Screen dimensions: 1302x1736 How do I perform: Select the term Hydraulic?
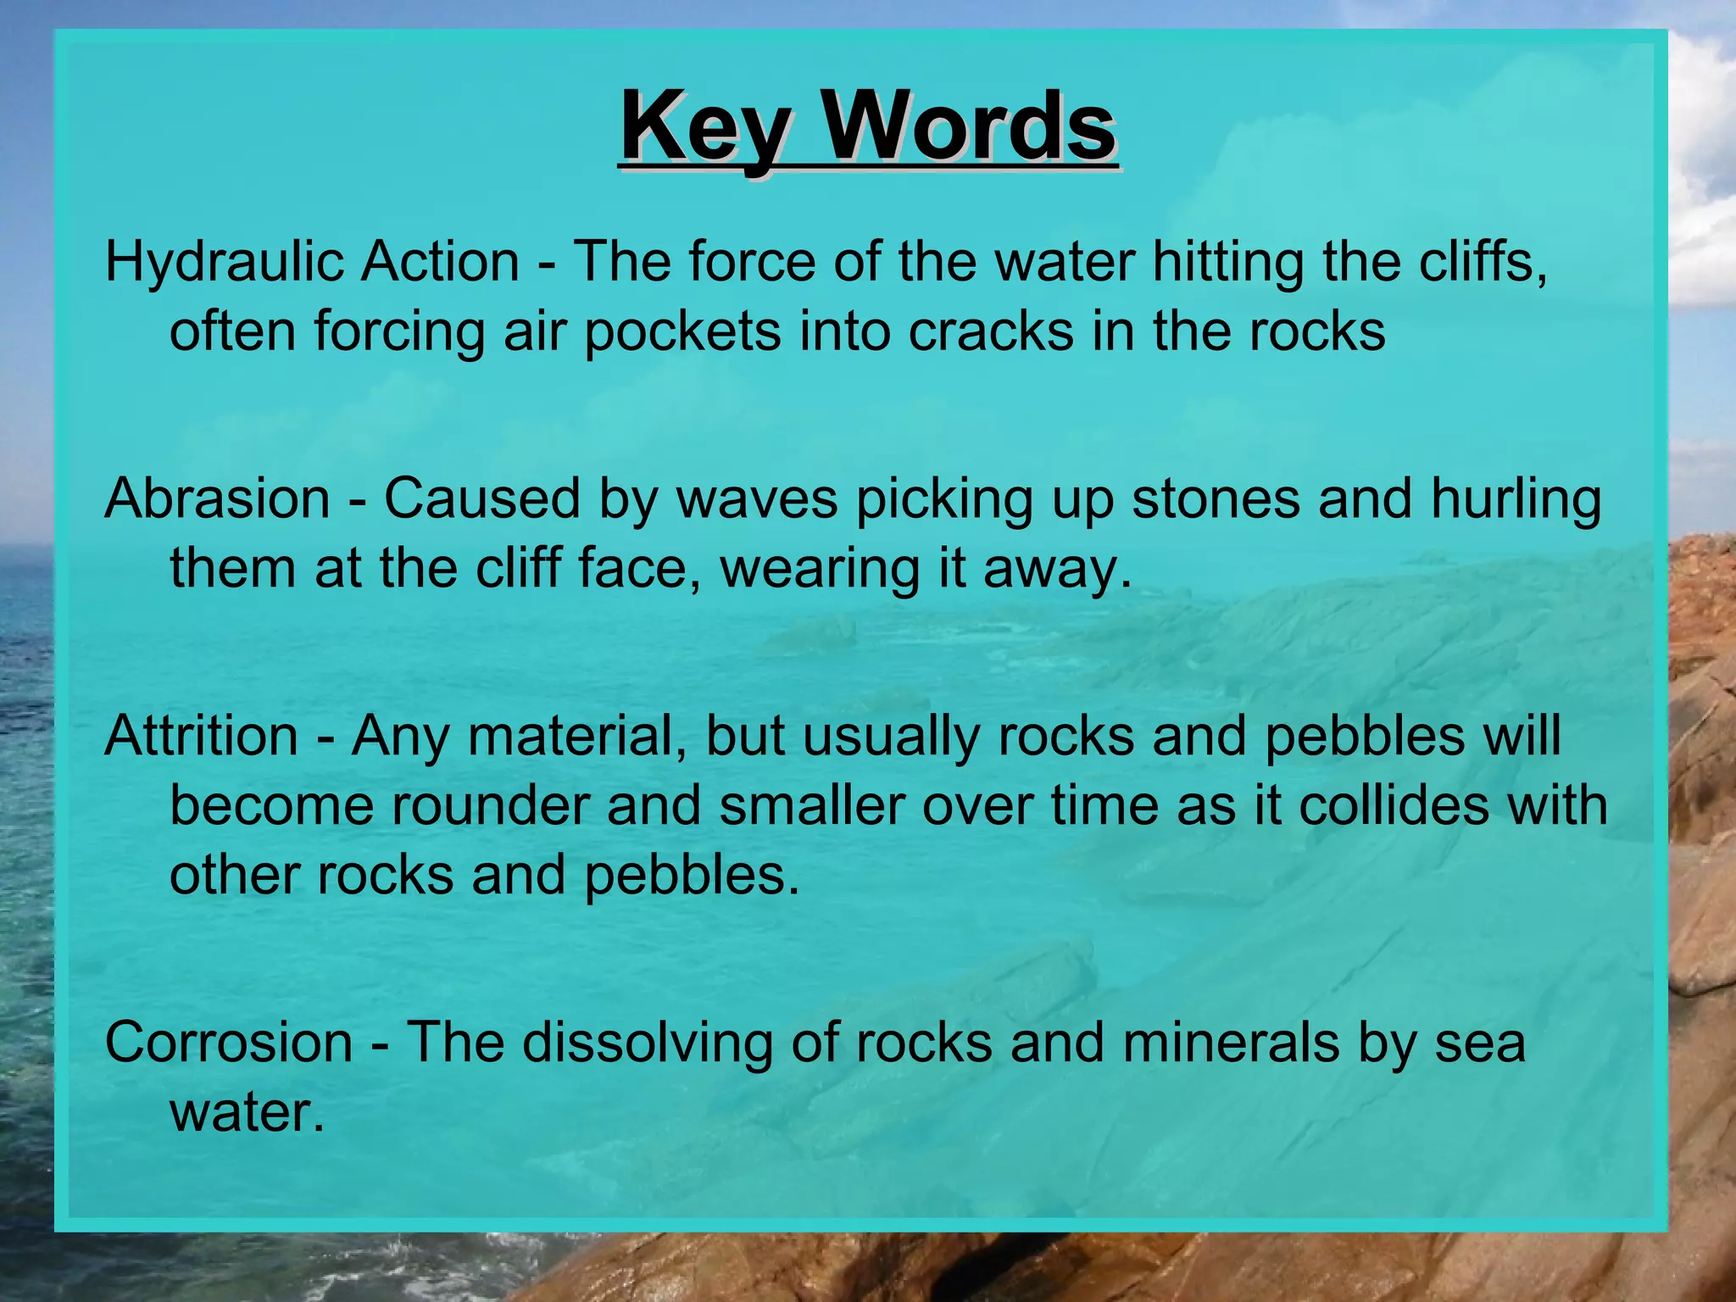224,263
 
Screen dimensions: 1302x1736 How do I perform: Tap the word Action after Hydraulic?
440,261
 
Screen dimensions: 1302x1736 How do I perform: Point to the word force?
751,261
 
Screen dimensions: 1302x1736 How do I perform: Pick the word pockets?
682,331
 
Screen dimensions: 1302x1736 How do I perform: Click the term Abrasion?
217,498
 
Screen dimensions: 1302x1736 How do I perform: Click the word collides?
1394,805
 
